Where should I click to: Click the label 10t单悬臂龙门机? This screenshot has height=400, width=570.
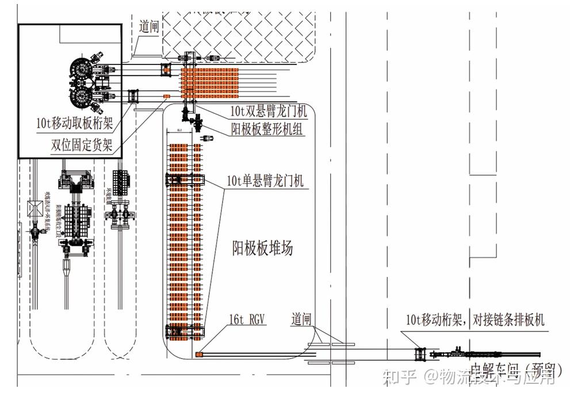266,182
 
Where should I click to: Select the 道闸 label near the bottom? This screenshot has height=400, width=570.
301,318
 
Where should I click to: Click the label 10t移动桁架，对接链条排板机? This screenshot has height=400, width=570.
475,319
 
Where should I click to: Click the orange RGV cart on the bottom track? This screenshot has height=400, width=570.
200,355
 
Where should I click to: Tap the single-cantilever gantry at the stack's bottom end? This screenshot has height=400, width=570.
184,332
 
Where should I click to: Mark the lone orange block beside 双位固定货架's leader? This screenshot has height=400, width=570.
167,96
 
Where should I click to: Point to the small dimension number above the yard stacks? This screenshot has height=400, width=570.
179,131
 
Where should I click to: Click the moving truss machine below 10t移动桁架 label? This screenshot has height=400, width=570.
420,355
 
